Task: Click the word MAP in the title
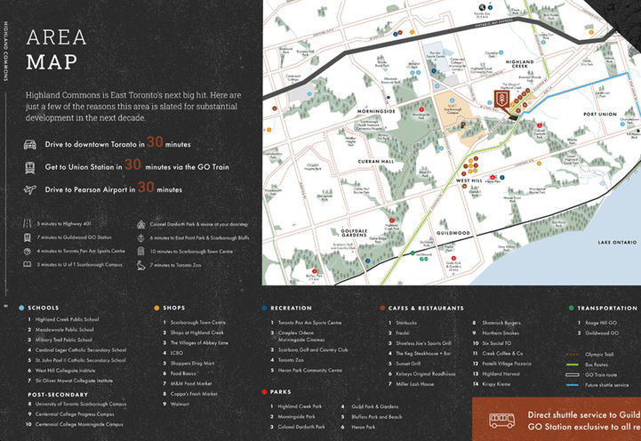pyautogui.click(x=52, y=62)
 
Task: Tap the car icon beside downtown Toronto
pyautogui.click(x=31, y=143)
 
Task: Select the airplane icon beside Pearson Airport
pyautogui.click(x=31, y=189)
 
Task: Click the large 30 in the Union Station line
pyautogui.click(x=132, y=164)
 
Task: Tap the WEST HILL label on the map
pyautogui.click(x=469, y=180)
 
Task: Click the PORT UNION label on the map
pyautogui.click(x=600, y=115)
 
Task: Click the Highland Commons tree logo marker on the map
pyautogui.click(x=502, y=101)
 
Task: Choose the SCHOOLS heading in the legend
pyautogui.click(x=44, y=308)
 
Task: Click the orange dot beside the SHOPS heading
pyautogui.click(x=156, y=308)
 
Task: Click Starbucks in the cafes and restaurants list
pyautogui.click(x=404, y=322)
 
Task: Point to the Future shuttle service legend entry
pyautogui.click(x=607, y=385)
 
